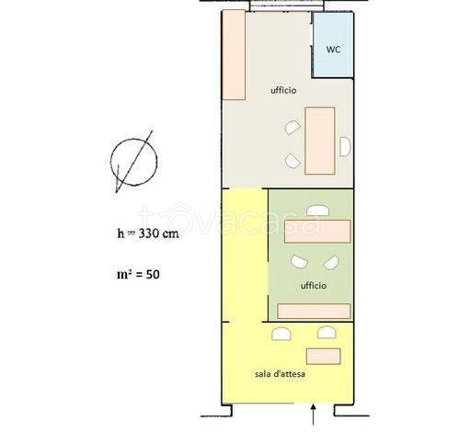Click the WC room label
[x=333, y=50]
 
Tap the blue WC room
[x=333, y=45]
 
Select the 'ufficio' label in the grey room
[x=283, y=90]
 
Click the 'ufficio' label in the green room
[x=313, y=286]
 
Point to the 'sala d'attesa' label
[x=280, y=374]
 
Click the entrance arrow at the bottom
[x=313, y=415]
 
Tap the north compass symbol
[x=134, y=162]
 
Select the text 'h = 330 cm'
[x=148, y=233]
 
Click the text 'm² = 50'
[x=138, y=274]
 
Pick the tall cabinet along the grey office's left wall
[x=234, y=55]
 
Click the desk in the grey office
[x=320, y=141]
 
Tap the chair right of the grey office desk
[x=345, y=147]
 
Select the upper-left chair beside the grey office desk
[x=293, y=128]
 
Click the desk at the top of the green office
[x=317, y=232]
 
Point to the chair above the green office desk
[x=318, y=211]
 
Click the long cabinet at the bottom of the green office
[x=314, y=312]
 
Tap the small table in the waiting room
[x=324, y=357]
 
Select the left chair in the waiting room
[x=281, y=334]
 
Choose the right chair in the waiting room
[x=327, y=332]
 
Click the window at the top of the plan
[x=286, y=6]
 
